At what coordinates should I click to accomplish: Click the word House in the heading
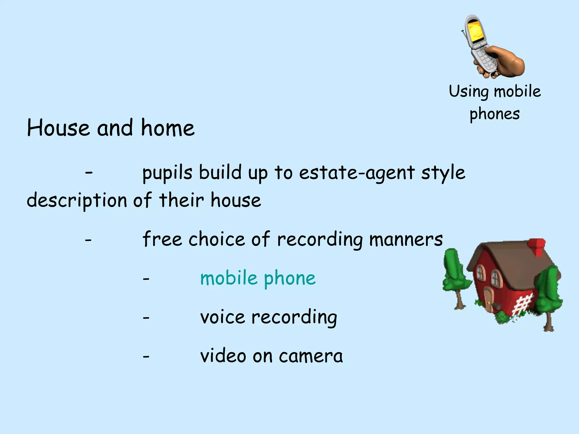coord(58,128)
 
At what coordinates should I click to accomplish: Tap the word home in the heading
coord(168,128)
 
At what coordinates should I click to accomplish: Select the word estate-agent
coord(357,173)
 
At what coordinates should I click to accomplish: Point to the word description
coord(77,200)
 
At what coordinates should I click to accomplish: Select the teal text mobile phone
coord(258,278)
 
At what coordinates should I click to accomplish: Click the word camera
coord(311,356)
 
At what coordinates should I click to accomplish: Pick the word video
coord(223,356)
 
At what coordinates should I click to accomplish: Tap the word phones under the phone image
coord(494,114)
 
